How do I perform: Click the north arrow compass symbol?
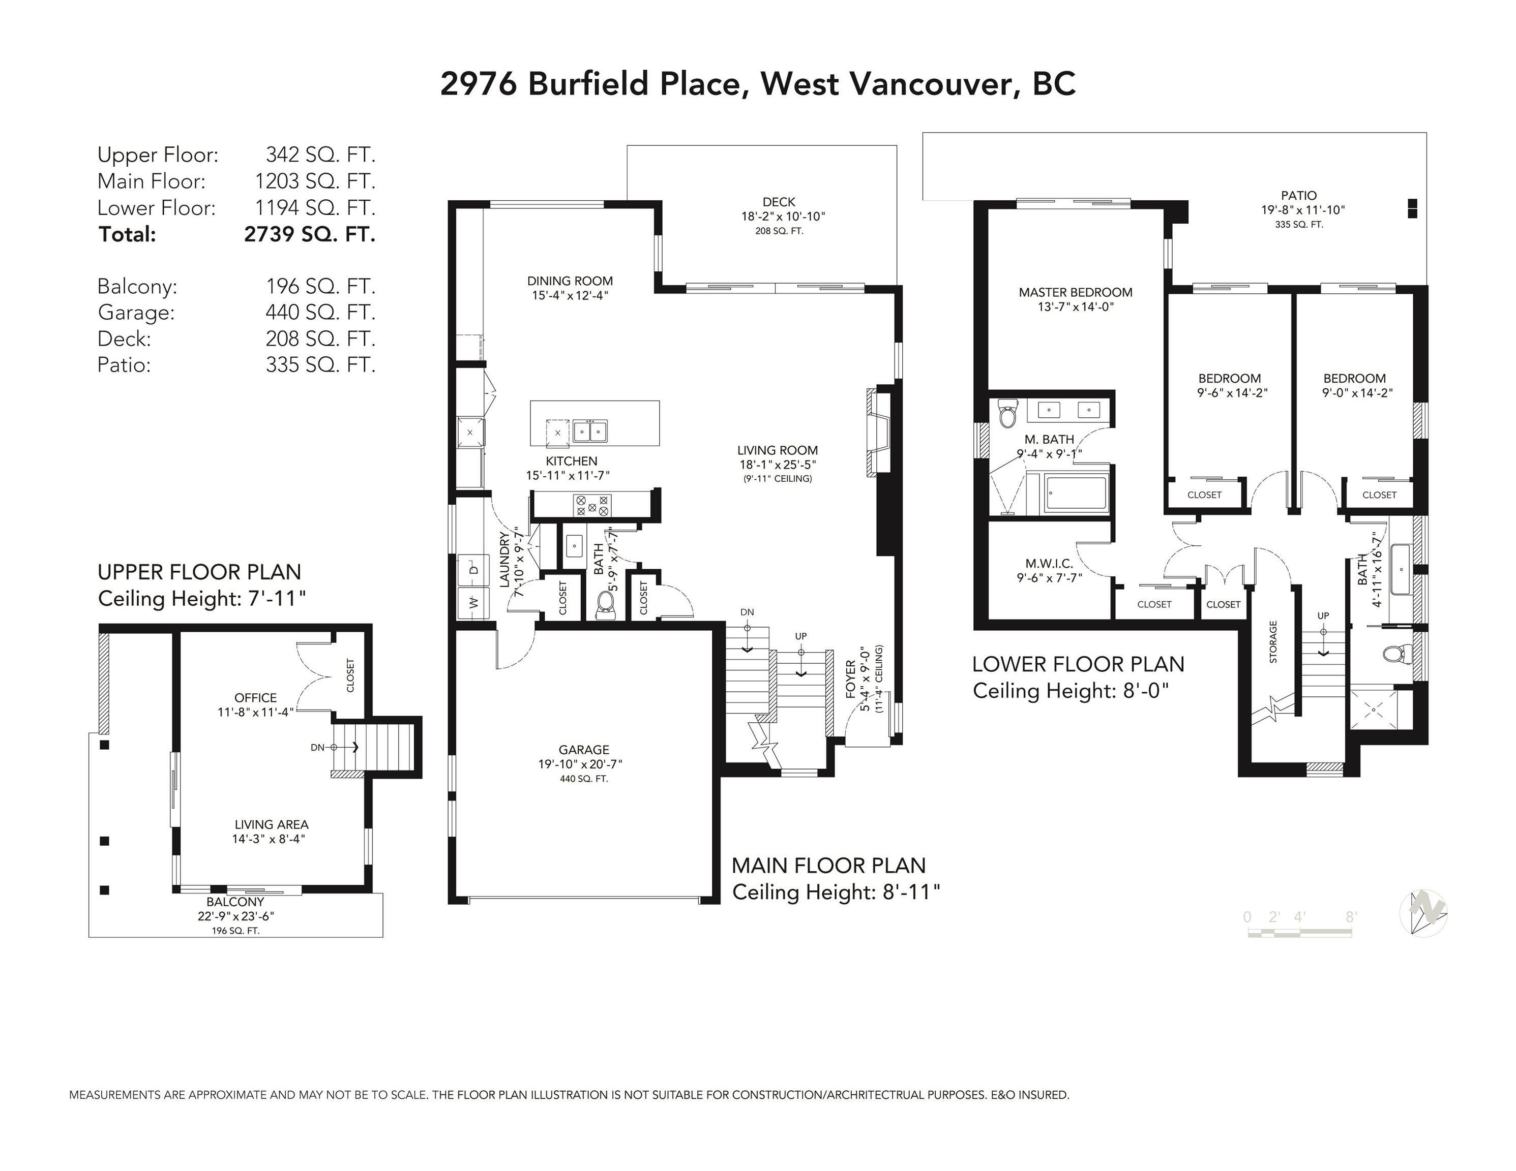point(1423,912)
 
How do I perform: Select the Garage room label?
point(584,750)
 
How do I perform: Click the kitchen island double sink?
point(589,431)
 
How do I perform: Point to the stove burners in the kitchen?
point(592,505)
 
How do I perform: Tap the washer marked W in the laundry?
point(474,602)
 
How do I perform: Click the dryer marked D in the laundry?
point(474,570)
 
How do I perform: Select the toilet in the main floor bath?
point(606,605)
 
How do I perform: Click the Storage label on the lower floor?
point(1273,642)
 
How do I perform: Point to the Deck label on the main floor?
point(779,202)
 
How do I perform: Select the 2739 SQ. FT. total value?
point(310,234)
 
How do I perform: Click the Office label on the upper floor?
point(255,698)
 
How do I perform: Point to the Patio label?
point(1299,196)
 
